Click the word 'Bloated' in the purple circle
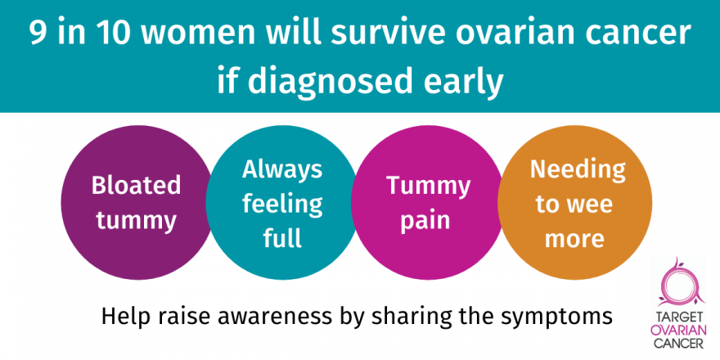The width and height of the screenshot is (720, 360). [x=136, y=185]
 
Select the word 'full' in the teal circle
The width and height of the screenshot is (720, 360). [x=282, y=237]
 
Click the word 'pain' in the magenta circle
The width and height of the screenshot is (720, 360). [x=425, y=221]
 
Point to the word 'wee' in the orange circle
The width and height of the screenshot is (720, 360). [x=590, y=205]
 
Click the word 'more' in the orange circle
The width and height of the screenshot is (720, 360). [x=574, y=239]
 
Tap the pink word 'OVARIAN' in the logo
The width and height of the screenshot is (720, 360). [x=677, y=331]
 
